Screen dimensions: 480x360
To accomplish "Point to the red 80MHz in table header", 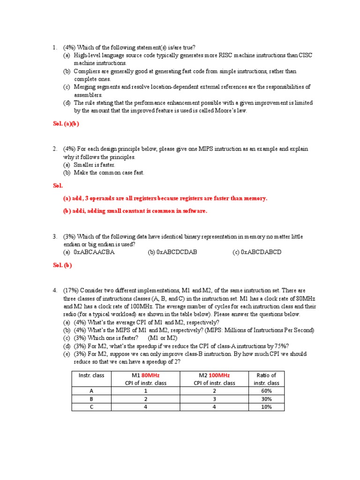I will tap(153, 375).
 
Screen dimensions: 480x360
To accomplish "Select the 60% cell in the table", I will tap(266, 390).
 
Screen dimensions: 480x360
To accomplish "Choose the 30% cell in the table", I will tap(266, 399).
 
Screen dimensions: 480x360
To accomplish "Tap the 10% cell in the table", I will tap(266, 407).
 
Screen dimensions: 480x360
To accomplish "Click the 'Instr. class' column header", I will tap(91, 375).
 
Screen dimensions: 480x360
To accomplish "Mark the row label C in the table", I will tap(92, 407).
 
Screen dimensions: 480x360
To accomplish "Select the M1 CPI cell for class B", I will tap(146, 399).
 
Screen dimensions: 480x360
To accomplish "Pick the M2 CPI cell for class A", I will tap(214, 390).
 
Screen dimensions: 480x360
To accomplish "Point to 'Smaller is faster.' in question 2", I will tap(94, 165).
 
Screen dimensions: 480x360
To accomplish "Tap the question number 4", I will tap(55, 291).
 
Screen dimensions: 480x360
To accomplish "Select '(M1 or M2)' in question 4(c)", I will tap(163, 338).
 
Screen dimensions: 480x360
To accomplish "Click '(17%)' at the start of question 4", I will tap(72, 291).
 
